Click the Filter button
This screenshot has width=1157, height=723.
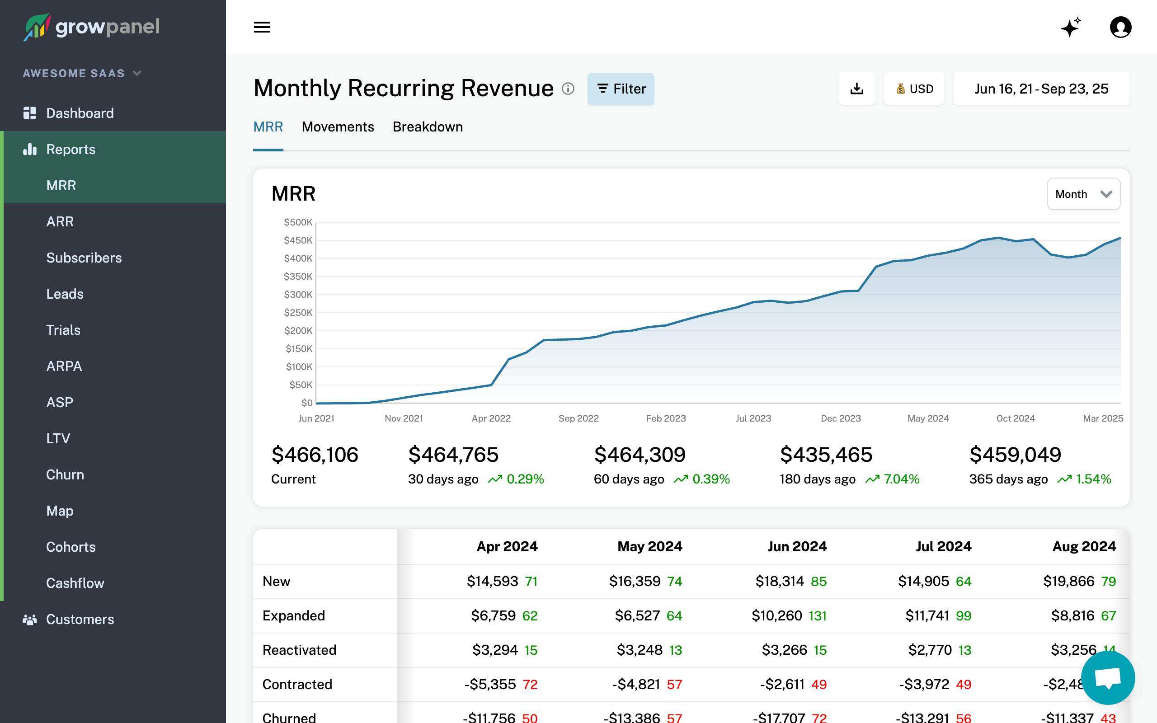click(621, 89)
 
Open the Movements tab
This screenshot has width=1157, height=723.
click(338, 127)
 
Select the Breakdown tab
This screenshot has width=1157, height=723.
click(428, 127)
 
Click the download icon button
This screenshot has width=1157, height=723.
click(856, 89)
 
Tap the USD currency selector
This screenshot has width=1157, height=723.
click(914, 89)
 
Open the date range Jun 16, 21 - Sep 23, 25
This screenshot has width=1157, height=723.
click(1041, 89)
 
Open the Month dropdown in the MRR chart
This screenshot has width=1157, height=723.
click(1083, 194)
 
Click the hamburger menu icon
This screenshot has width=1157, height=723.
click(262, 27)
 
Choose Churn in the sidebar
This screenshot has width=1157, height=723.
click(65, 475)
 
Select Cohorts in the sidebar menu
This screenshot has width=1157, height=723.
click(71, 547)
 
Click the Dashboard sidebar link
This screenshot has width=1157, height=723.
click(80, 113)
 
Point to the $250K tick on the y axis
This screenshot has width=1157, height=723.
click(298, 313)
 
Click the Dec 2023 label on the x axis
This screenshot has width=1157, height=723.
click(841, 418)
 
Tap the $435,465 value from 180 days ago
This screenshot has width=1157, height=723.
click(826, 455)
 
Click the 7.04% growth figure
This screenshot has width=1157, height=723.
click(901, 479)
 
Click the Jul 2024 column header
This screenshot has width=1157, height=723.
click(943, 547)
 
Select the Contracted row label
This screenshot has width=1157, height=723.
click(297, 684)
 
